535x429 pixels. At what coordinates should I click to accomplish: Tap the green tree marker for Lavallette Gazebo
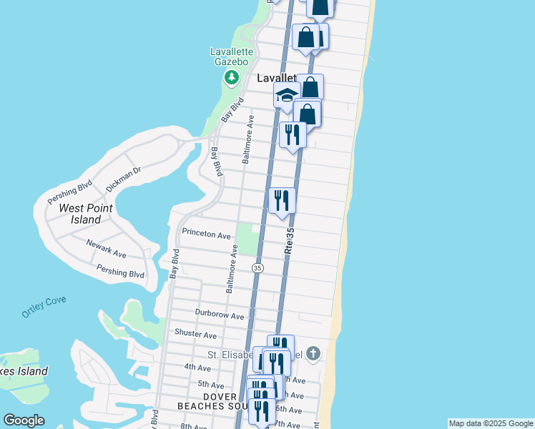pos(231,77)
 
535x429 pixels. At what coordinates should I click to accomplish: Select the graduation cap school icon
pos(286,95)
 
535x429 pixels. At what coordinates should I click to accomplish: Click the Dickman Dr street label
pos(124,178)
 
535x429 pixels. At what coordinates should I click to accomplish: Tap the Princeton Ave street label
pos(206,235)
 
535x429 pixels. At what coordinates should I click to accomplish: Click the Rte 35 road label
pos(289,241)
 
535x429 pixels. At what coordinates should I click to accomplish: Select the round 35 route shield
pos(257,267)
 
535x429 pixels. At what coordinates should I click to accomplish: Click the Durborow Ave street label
pos(220,315)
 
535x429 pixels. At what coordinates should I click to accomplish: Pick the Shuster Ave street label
pos(195,334)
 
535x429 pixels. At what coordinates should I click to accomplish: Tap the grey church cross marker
pos(313,353)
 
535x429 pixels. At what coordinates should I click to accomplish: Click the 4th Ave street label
pos(197,368)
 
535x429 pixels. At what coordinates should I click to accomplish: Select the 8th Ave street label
pos(194,426)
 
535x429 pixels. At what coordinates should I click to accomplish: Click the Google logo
pos(24,420)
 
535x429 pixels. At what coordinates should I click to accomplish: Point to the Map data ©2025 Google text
pos(491,423)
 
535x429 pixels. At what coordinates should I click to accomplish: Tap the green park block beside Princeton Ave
pos(247,239)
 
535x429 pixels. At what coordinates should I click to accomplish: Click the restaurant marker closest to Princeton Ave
pos(282,200)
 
